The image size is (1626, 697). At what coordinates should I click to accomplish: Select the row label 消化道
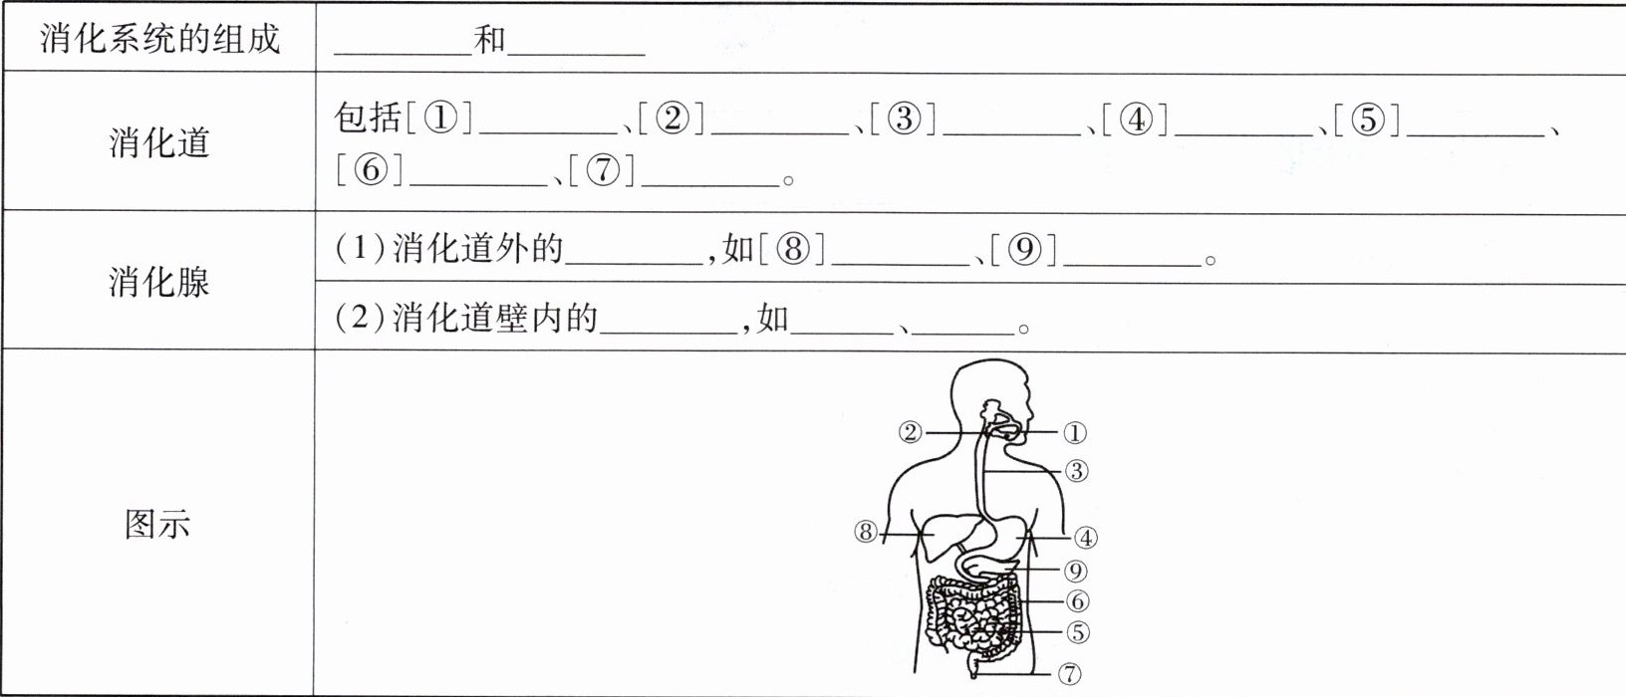(x=159, y=142)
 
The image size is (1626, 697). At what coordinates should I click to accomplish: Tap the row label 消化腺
(x=159, y=282)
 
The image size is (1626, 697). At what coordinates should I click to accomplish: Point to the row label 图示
(x=157, y=524)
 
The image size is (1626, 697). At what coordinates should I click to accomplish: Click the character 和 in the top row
(x=489, y=40)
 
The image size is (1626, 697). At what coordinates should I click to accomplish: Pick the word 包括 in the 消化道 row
(x=368, y=119)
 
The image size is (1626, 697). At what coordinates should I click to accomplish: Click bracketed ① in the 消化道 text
(x=439, y=119)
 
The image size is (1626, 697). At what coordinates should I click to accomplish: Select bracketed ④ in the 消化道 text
(x=1136, y=119)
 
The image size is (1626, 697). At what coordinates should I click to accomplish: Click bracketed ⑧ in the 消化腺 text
(x=793, y=249)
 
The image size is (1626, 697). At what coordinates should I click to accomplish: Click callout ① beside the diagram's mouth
(x=1074, y=433)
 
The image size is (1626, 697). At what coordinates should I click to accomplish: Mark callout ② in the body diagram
(x=910, y=433)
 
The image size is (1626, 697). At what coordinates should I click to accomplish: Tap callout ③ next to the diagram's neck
(x=1076, y=471)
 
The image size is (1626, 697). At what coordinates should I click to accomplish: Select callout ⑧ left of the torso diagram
(x=865, y=533)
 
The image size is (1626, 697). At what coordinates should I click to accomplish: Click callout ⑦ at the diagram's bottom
(x=1069, y=674)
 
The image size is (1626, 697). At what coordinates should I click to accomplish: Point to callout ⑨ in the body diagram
(x=1074, y=572)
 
